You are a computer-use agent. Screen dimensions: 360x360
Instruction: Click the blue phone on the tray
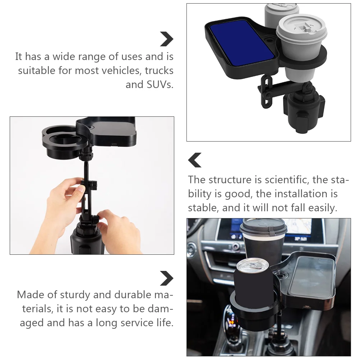click(242, 43)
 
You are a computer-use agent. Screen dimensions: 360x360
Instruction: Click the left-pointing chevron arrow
click(195, 160)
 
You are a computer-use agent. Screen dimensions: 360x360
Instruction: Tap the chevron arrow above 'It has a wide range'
click(167, 39)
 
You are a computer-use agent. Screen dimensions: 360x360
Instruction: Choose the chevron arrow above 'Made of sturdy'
click(167, 278)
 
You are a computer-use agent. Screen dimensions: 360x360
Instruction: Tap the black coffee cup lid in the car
click(263, 226)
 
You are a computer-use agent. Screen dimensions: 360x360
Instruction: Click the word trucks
click(159, 70)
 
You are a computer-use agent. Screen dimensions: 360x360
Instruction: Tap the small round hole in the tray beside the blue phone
click(269, 39)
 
